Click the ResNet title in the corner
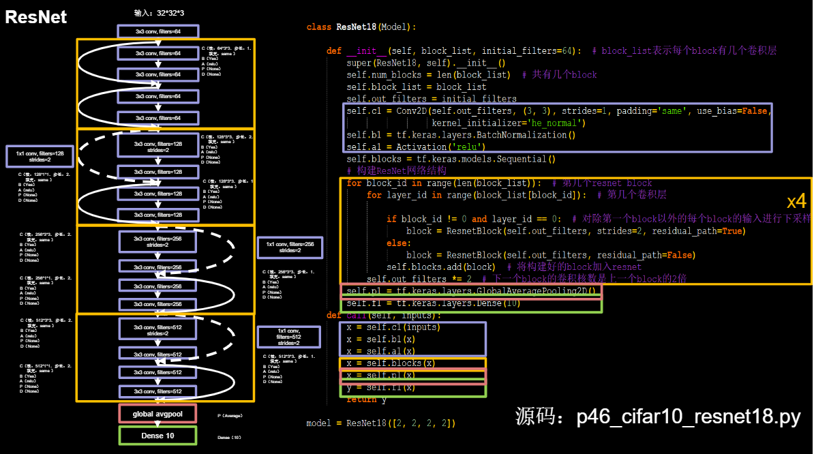36,17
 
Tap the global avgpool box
157,414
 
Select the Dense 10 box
157,436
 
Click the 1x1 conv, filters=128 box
40,156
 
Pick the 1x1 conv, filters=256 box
290,247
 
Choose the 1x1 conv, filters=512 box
288,337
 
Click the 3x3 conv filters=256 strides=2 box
158,241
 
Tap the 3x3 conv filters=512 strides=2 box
158,330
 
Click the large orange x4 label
796,201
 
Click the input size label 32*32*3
160,13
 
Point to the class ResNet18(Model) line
361,27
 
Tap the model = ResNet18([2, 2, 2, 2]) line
380,423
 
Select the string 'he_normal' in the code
553,123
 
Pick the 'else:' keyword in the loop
398,243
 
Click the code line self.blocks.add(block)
441,267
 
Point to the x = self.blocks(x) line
391,363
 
